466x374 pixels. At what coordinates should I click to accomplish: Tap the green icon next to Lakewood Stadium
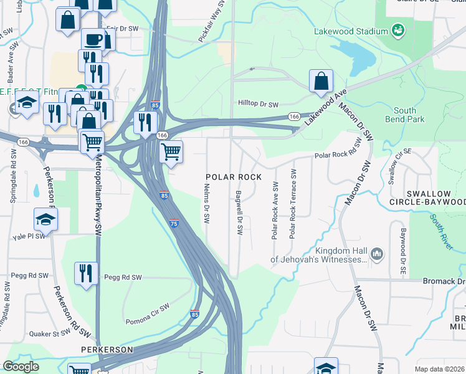coord(397,30)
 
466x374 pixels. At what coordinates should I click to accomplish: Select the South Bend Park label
coord(404,115)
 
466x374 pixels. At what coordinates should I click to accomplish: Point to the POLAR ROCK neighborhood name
coord(234,177)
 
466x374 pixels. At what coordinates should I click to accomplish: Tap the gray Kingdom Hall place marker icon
coord(376,254)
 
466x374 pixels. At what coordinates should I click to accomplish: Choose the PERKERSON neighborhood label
coord(106,350)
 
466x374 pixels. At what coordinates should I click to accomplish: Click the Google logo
coord(21,367)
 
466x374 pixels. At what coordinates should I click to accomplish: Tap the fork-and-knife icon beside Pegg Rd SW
coord(85,273)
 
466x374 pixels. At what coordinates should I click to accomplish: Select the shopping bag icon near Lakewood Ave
coord(321,80)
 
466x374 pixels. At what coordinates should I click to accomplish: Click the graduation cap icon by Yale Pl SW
coord(45,219)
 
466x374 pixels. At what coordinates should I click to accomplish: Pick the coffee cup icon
coord(93,39)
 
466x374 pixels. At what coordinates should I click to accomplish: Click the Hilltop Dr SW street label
coord(257,104)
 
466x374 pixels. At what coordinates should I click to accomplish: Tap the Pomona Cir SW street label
coord(148,314)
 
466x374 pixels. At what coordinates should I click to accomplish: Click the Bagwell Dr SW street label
coord(239,213)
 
